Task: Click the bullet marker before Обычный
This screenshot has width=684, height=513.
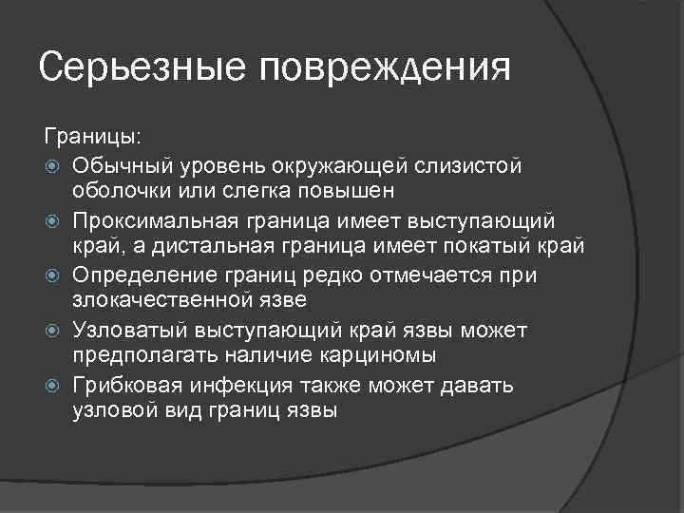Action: click(x=54, y=166)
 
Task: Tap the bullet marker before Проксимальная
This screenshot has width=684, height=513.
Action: click(x=54, y=220)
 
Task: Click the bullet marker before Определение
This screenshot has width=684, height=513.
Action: click(x=54, y=275)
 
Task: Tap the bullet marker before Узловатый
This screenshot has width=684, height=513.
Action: click(x=54, y=330)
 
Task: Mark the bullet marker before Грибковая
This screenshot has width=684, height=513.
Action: click(x=54, y=385)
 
